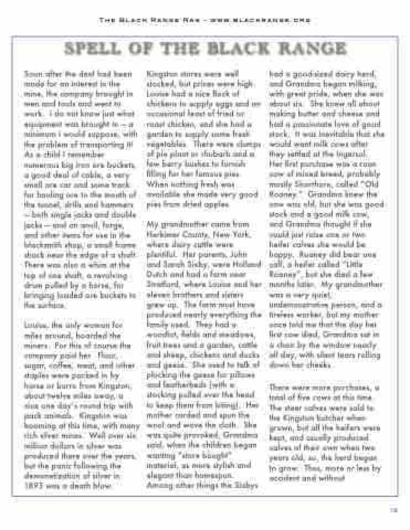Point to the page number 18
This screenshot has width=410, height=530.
point(393,511)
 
